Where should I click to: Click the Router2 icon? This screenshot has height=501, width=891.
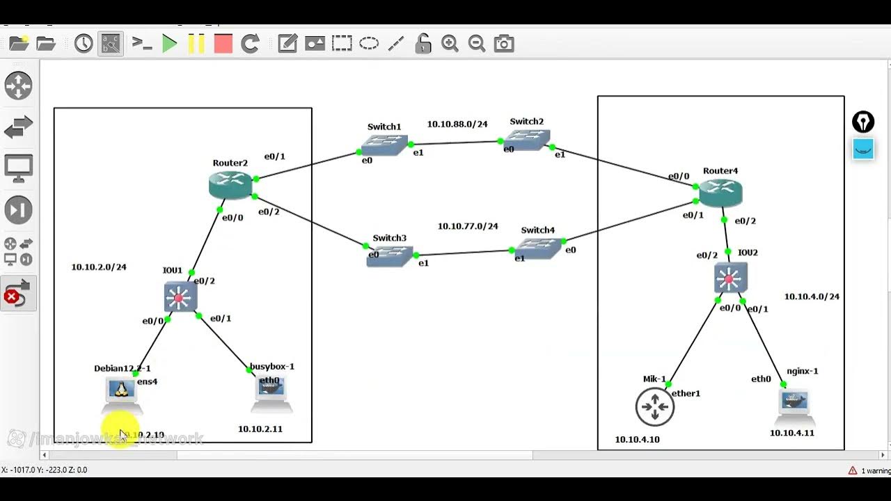tap(230, 184)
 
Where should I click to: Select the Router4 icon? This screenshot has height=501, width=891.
tap(720, 193)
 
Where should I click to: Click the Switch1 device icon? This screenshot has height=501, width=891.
tap(384, 145)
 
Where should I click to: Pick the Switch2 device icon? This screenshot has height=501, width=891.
tap(527, 140)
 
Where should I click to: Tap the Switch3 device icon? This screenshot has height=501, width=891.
tap(390, 256)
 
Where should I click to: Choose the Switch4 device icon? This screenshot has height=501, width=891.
tap(538, 248)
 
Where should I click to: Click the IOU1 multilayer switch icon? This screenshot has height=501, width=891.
tap(180, 297)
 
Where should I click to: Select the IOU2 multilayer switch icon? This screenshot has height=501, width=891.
tap(730, 278)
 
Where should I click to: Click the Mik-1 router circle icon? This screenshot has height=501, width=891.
tap(654, 406)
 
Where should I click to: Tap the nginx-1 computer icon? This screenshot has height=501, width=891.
tap(795, 404)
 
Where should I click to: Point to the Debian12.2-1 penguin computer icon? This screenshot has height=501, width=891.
tap(122, 392)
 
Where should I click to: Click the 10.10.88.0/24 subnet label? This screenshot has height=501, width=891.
tap(457, 124)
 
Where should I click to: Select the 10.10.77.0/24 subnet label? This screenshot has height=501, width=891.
tap(468, 226)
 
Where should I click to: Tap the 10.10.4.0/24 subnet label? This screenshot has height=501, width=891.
tap(812, 296)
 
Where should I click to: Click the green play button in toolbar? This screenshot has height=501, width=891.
tap(169, 44)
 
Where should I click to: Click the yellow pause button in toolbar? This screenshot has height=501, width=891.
tap(196, 44)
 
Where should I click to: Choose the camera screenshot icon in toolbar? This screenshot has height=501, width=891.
tap(503, 44)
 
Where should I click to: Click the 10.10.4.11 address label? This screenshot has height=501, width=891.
tap(791, 433)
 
